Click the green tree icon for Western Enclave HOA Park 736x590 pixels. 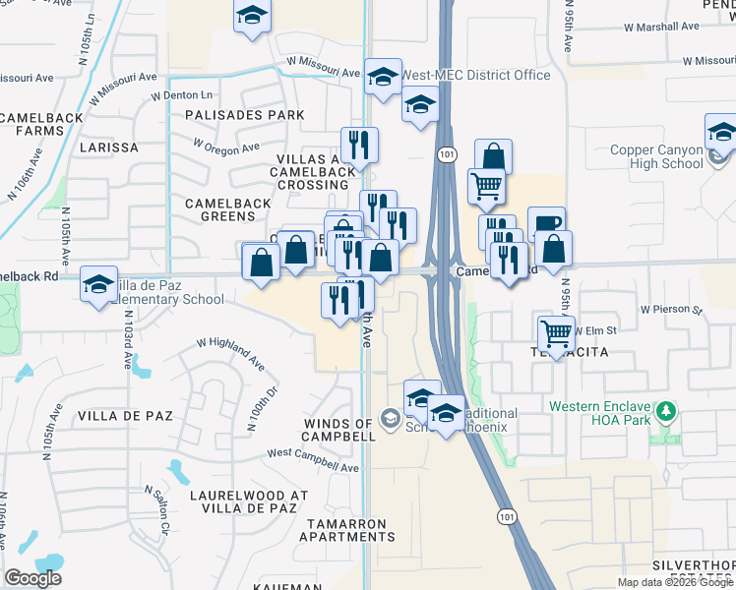point(667,410)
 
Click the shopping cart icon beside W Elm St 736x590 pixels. point(556,333)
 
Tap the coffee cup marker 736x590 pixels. point(546,223)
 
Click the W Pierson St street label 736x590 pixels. point(671,309)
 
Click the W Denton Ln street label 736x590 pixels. point(181,95)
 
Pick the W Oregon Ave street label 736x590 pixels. point(224,147)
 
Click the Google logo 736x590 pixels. point(32,578)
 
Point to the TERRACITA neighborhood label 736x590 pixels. point(557,351)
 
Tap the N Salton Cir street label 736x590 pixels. point(157,506)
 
